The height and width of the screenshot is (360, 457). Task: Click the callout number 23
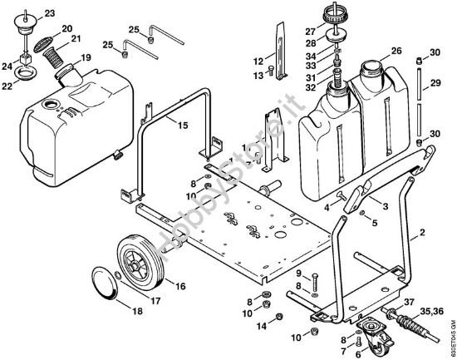point(26,14)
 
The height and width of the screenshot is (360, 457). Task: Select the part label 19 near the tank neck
point(86,58)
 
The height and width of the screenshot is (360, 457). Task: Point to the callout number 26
point(396,50)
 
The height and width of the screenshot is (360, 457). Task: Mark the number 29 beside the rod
point(435,84)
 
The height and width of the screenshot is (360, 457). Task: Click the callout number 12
point(258,61)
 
